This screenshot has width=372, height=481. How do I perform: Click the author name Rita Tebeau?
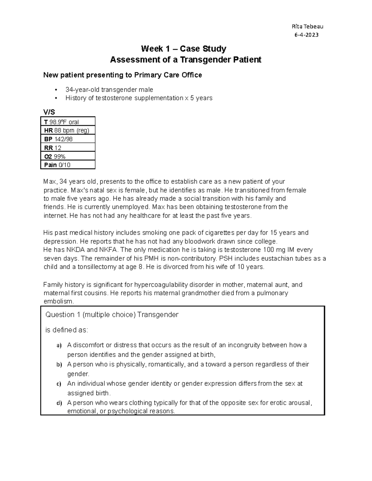[305, 27]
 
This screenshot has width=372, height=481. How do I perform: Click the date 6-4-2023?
[306, 35]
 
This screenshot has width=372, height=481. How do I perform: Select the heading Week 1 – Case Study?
[184, 49]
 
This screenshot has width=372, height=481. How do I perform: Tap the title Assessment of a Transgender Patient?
[186, 59]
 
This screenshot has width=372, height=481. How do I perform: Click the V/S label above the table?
[49, 112]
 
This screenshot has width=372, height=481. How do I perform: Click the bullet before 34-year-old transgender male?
[56, 90]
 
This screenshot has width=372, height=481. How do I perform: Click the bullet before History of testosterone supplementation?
[56, 98]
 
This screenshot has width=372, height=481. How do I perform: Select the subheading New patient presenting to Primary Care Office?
[122, 75]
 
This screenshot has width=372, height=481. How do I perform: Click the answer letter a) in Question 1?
[59, 345]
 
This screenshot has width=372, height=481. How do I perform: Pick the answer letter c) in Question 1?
[59, 384]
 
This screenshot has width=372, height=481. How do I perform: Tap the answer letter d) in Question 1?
[59, 403]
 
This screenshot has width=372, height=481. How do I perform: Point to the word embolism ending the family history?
[59, 301]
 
